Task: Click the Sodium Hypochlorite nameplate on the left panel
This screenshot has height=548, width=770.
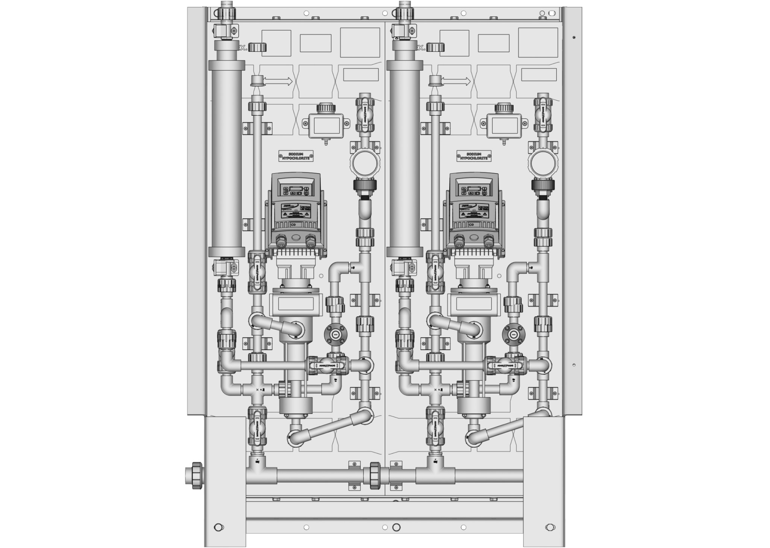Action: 296,156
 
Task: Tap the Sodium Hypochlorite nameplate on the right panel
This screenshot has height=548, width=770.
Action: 474,156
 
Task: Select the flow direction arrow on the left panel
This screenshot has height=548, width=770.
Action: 278,81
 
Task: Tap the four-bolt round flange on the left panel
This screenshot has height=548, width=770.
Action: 335,334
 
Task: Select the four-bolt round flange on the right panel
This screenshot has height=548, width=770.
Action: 513,334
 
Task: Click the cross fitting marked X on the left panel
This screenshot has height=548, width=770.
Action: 257,389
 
